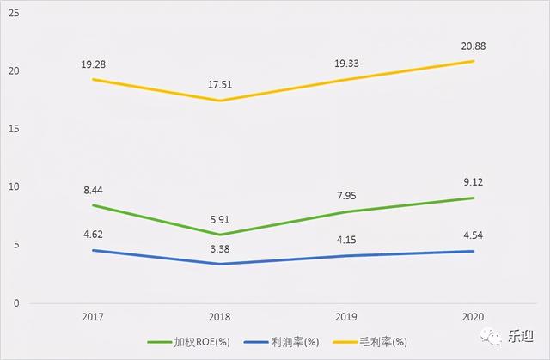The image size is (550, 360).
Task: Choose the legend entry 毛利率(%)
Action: click(379, 342)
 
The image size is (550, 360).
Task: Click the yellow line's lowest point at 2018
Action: click(220, 101)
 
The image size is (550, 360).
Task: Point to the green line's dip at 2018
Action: click(220, 235)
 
